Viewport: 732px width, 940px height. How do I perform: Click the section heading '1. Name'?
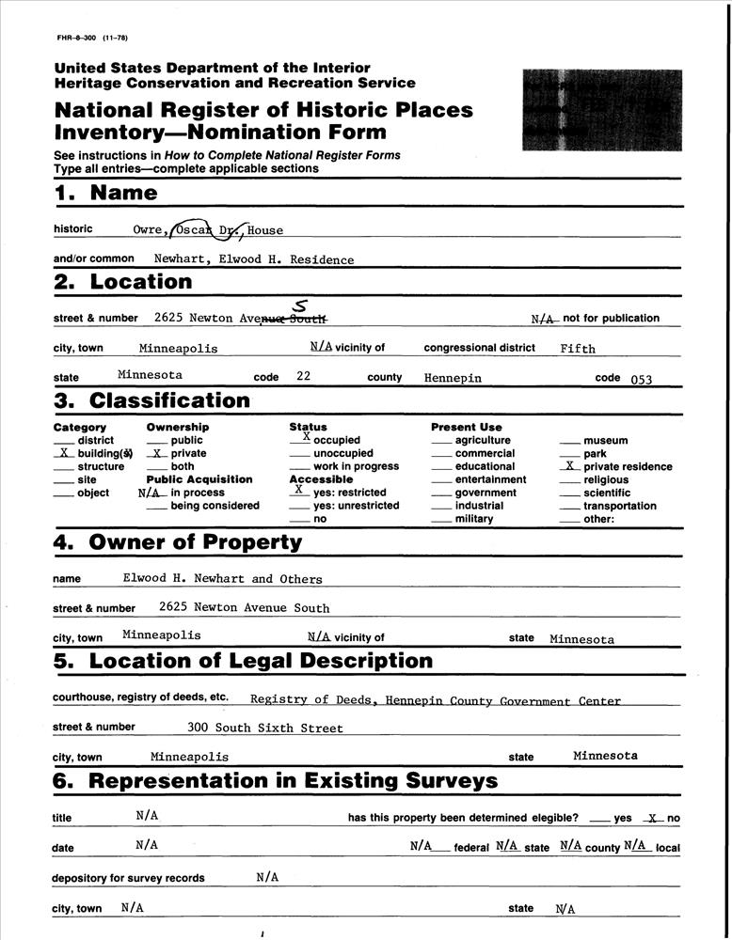click(105, 194)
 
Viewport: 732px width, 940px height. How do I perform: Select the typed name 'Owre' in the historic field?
click(149, 230)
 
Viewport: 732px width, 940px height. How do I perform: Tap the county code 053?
click(641, 380)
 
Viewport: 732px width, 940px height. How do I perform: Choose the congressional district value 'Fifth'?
click(578, 349)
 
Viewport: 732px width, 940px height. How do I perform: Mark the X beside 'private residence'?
click(569, 465)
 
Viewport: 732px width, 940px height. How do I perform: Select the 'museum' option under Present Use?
click(605, 440)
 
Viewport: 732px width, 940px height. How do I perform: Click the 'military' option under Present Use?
click(473, 519)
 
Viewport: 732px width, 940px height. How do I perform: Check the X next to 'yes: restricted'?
click(298, 489)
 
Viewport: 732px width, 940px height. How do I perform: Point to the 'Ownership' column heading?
click(177, 428)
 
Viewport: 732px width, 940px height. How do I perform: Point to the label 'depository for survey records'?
click(128, 879)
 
